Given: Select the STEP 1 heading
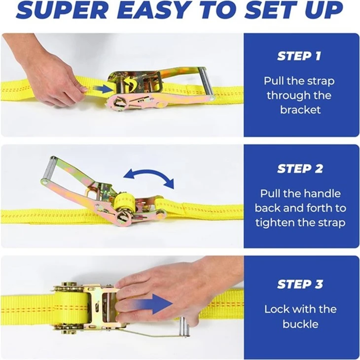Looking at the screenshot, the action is pos(299,56).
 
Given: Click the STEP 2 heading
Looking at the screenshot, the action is pos(300,169).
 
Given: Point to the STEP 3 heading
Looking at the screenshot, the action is pos(300,284).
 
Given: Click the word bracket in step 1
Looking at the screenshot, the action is pos(300,110).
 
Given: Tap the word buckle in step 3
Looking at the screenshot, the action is pos(300,324).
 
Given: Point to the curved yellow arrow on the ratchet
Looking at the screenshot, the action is pos(130,83).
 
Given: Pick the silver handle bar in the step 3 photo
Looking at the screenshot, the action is pos(184,327).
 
